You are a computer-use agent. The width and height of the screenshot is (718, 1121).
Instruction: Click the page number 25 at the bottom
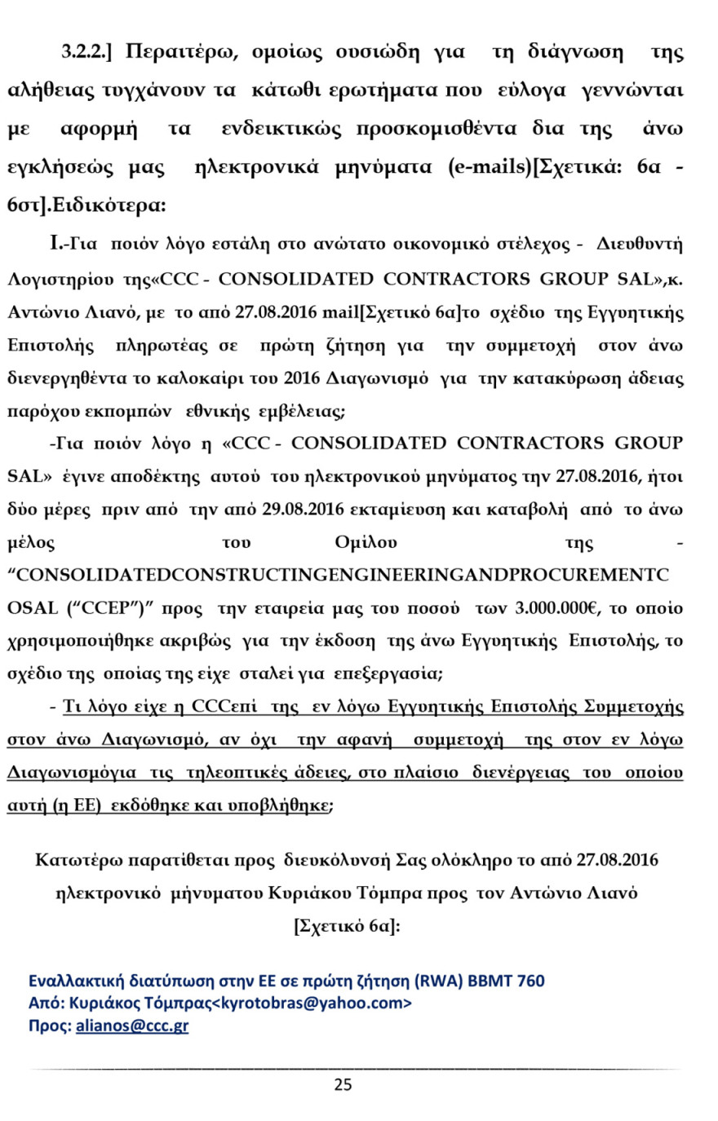(343, 1084)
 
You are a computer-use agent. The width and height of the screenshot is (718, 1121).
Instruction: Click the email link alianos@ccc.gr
(132, 1026)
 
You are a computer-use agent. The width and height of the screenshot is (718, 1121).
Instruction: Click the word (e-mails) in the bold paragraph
(489, 168)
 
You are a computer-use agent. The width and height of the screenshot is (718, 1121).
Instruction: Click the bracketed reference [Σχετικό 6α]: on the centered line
(346, 925)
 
